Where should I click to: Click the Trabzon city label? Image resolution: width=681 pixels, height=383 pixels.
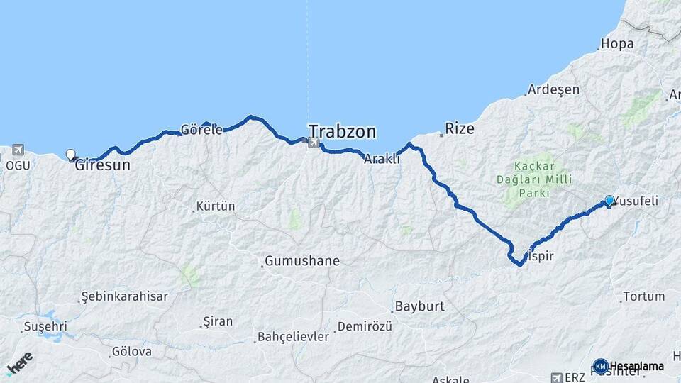coord(342,131)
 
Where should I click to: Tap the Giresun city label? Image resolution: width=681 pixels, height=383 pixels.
coord(103,165)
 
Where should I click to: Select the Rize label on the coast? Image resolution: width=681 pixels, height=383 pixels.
coord(459,129)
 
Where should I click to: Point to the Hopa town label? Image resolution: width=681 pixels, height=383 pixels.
coord(616,44)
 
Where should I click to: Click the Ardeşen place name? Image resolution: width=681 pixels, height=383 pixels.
coord(554,90)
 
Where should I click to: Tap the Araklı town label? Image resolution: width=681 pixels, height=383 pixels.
coord(382,160)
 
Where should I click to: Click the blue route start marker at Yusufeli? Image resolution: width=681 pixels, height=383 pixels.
coord(609,201)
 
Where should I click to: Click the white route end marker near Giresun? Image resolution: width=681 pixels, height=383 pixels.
coord(70,155)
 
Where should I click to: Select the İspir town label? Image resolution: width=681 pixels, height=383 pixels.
coord(538,256)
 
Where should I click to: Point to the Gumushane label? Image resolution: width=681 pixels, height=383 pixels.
coord(302,261)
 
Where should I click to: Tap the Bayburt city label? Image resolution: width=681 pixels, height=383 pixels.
coord(419,307)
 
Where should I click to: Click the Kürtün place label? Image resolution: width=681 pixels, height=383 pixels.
coord(215,206)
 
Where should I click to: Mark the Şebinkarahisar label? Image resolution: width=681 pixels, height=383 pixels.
coord(125,296)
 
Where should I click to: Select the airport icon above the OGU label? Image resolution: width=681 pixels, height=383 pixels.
coord(17,150)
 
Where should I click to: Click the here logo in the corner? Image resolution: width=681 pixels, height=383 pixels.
coord(19,365)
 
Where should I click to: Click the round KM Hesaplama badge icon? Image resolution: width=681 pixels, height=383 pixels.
coord(601,366)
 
